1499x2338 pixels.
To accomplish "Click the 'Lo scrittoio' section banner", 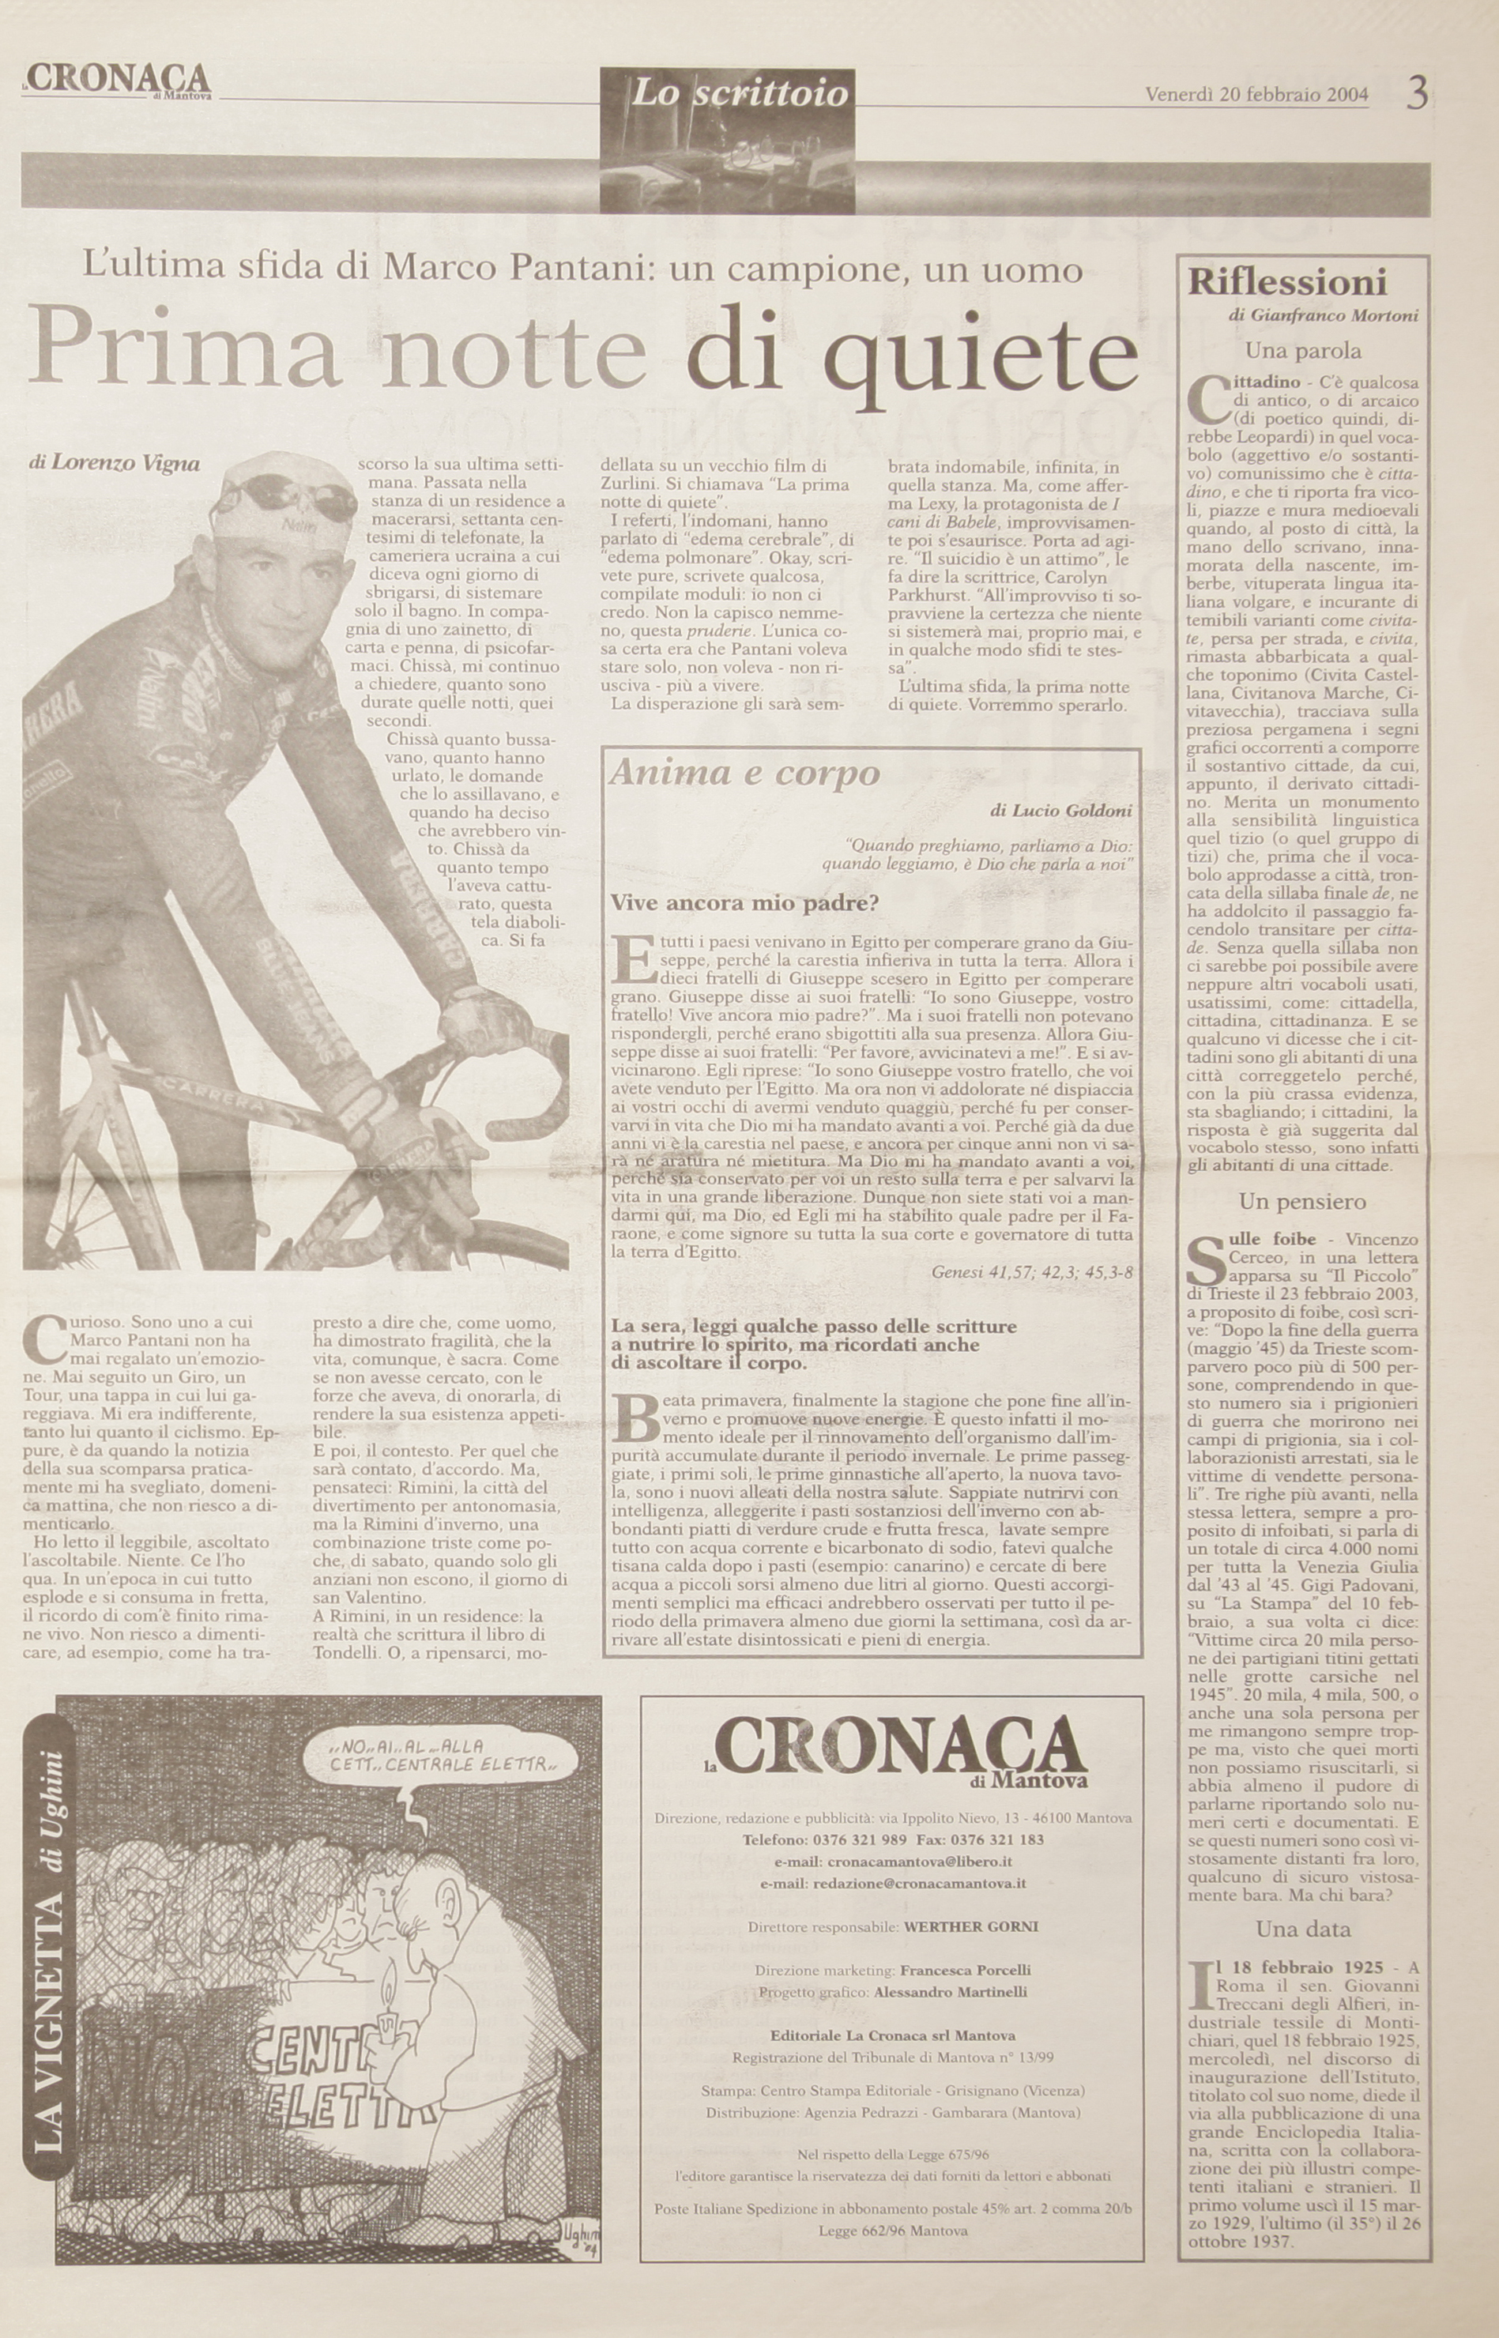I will (x=740, y=93).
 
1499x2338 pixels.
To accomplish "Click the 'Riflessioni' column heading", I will (x=1286, y=283).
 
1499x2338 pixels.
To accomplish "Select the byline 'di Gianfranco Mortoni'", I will (x=1323, y=315).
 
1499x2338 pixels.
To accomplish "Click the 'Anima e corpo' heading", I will (x=744, y=773).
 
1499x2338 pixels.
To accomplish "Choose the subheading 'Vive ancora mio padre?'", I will (x=744, y=903).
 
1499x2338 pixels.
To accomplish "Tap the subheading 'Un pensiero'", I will (x=1302, y=1202).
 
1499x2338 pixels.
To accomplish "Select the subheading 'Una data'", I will (x=1302, y=1928).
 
